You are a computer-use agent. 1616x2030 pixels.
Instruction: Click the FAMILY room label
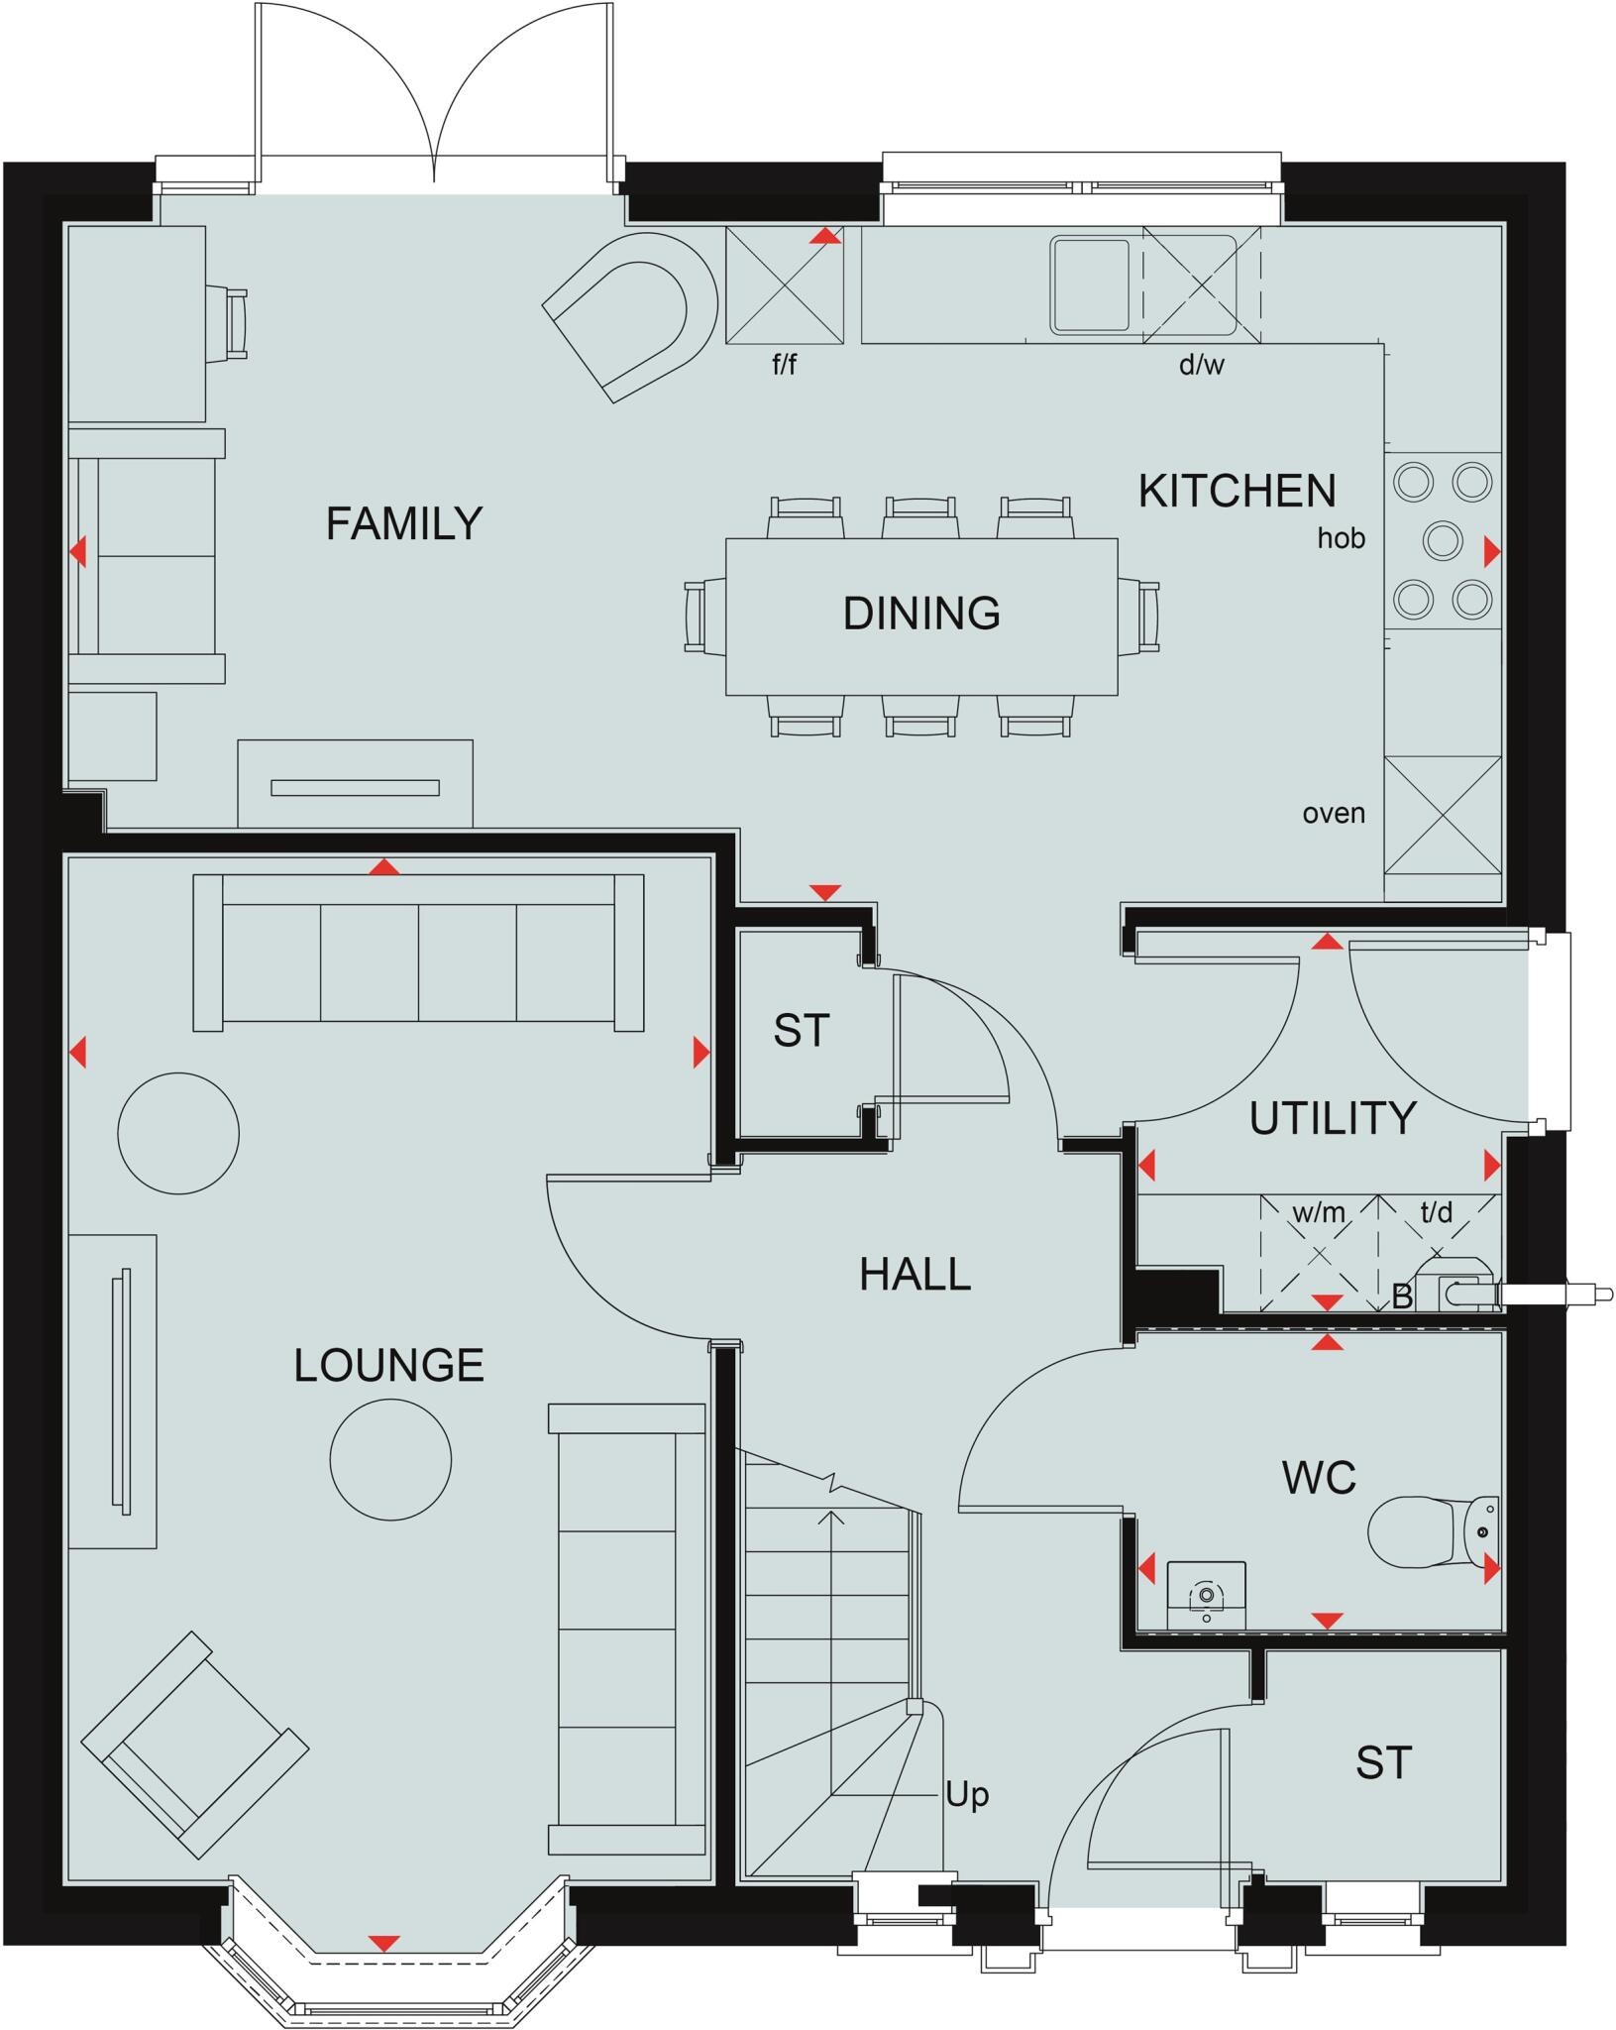(403, 523)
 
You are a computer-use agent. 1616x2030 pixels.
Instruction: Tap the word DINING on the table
(921, 614)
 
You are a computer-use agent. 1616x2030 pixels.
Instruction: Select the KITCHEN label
(1237, 492)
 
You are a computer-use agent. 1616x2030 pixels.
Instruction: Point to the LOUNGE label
(388, 1366)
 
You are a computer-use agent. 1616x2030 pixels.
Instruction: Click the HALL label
(915, 1275)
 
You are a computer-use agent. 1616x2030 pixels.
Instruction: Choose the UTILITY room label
(1332, 1118)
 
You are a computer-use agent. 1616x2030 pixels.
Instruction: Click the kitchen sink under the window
(1090, 283)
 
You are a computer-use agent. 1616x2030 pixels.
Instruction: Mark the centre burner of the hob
(1443, 541)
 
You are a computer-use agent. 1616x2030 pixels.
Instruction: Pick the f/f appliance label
(784, 366)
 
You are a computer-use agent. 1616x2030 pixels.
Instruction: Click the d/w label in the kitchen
(1201, 366)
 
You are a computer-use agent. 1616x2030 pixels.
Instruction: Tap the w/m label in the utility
(1319, 1212)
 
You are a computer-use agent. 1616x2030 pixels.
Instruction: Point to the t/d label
(1436, 1212)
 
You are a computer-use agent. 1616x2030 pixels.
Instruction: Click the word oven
(1334, 814)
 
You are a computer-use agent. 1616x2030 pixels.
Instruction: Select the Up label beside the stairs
(966, 1795)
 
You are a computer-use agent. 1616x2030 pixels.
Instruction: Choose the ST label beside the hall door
(801, 1032)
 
